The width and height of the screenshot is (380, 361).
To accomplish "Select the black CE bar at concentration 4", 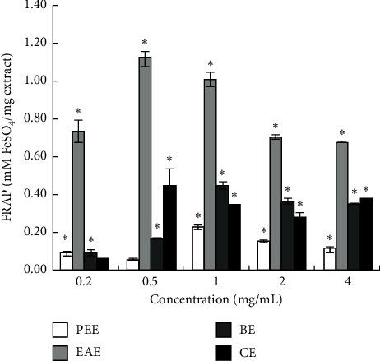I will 366,234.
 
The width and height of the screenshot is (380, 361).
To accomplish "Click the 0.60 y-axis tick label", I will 39,156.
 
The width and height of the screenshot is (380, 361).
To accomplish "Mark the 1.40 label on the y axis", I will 39,6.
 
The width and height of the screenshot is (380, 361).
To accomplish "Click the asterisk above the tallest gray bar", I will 145,44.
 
